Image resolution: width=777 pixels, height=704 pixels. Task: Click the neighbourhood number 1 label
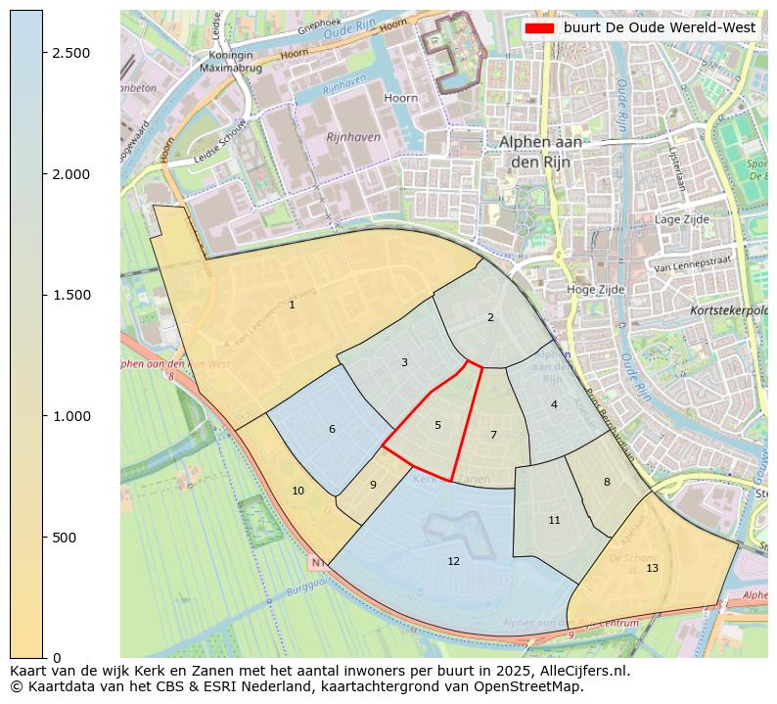[292, 305]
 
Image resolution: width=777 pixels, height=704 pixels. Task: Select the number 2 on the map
[490, 317]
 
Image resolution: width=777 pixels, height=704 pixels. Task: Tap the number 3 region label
[404, 363]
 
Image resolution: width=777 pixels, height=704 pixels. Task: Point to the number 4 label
[554, 404]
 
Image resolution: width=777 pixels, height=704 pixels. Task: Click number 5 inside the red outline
[437, 425]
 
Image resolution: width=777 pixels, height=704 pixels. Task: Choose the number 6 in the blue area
[332, 430]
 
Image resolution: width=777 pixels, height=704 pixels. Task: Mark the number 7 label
[493, 435]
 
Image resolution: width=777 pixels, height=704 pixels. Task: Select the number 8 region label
[607, 482]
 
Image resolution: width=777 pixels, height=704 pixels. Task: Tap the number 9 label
[373, 485]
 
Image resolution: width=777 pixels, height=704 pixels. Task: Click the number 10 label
[297, 491]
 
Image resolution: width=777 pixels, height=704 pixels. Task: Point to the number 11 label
[554, 520]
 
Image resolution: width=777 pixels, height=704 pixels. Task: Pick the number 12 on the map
[453, 561]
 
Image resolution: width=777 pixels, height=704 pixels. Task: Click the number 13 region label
[652, 568]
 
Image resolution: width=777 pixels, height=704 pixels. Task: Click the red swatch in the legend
[539, 28]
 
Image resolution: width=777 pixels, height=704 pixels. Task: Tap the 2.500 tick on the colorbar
[71, 53]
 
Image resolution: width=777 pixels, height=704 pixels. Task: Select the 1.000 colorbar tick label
[71, 416]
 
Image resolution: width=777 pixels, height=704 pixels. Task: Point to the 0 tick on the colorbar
[56, 658]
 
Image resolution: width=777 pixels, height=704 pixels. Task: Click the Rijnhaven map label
[353, 137]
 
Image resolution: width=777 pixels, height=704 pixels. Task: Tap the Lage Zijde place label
[680, 219]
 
